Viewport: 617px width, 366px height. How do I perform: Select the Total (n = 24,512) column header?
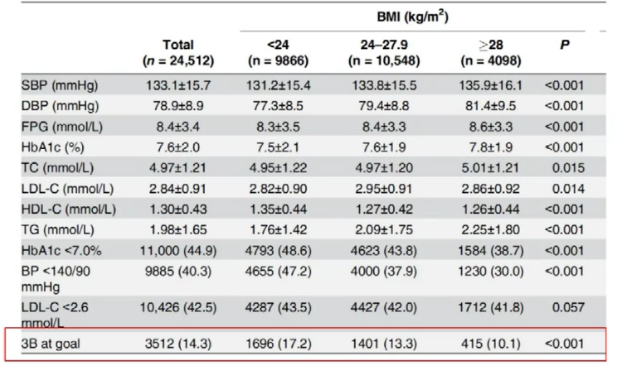coord(178,51)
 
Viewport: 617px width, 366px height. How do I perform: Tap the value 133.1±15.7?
coord(178,85)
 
